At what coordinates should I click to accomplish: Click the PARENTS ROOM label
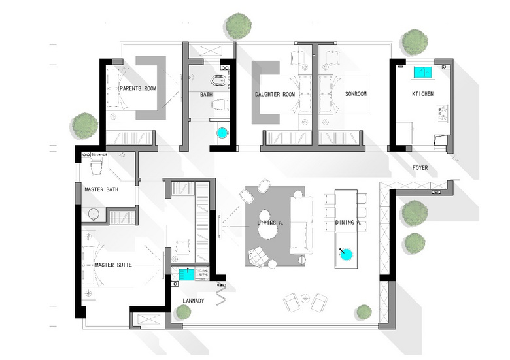tap(138, 88)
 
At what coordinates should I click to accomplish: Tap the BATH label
tap(206, 95)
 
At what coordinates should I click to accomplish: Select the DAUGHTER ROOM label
tap(275, 95)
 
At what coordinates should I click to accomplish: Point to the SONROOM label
tap(356, 94)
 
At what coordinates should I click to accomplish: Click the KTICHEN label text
tap(423, 94)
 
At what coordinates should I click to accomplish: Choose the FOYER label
tap(420, 168)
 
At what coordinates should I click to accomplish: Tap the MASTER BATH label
tap(101, 189)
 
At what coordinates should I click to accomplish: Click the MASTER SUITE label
tap(114, 265)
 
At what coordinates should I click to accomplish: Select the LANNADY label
tap(194, 301)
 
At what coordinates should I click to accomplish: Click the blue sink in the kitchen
tap(423, 73)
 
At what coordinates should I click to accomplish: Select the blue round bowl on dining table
tap(346, 254)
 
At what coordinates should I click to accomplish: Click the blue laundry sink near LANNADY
tap(187, 274)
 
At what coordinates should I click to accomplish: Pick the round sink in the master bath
tap(94, 214)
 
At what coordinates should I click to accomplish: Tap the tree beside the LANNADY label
tap(184, 312)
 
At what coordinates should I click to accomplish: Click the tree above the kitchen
tap(415, 42)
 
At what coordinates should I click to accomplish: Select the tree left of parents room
tap(85, 125)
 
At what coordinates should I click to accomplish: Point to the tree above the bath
tap(239, 26)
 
